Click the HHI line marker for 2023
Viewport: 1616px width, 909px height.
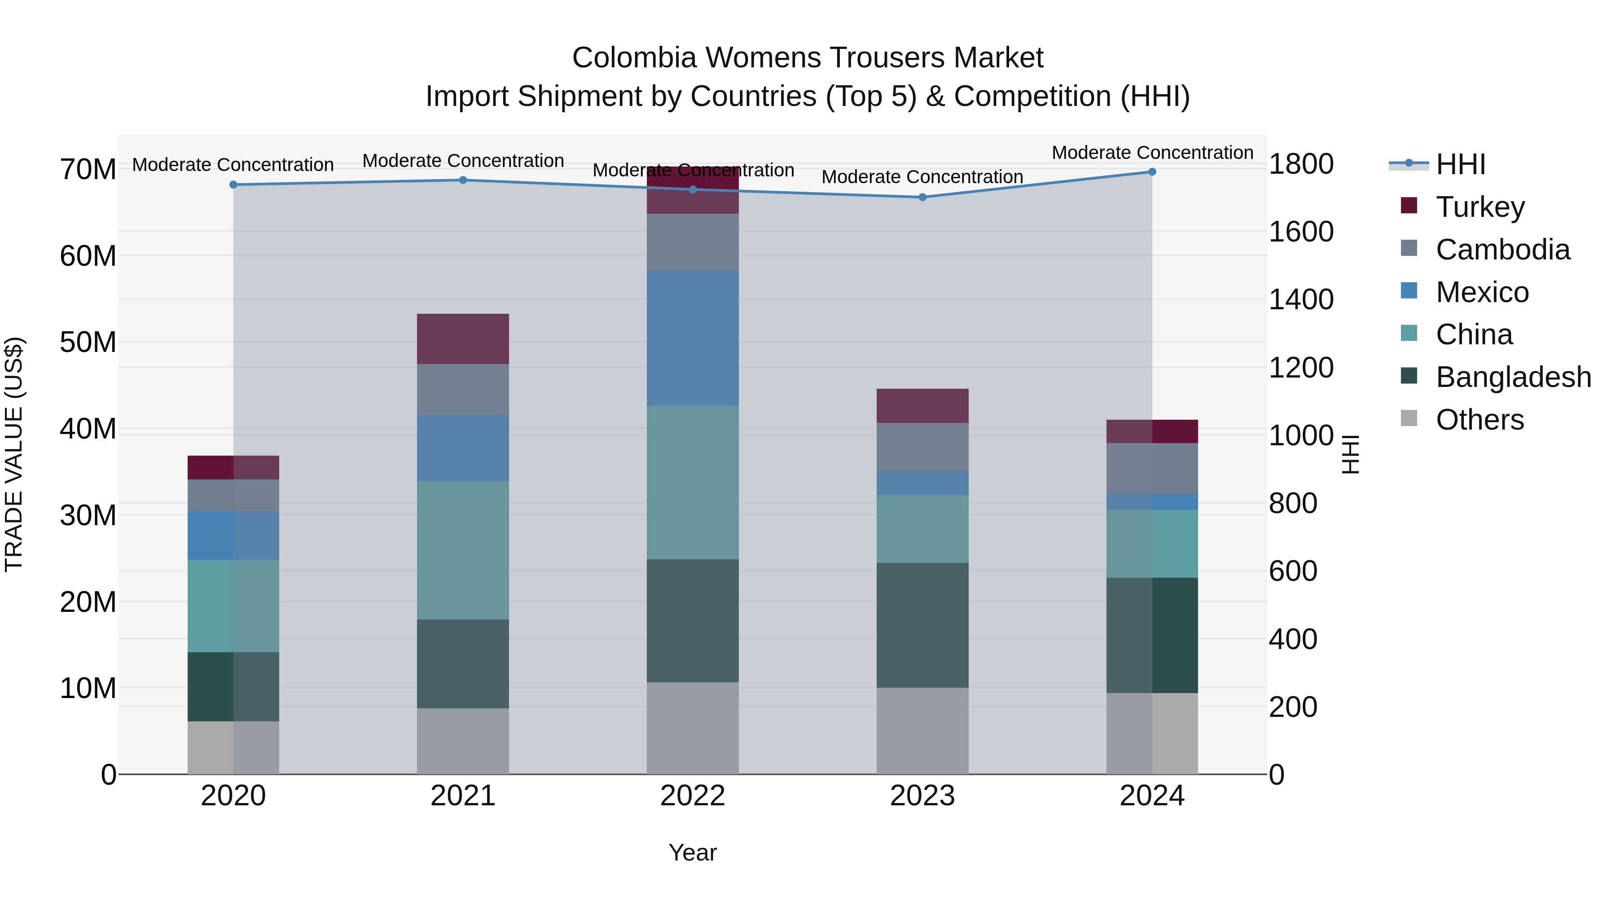(x=922, y=197)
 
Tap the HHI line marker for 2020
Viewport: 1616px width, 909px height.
(x=233, y=184)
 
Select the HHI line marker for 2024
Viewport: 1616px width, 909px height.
(x=1152, y=171)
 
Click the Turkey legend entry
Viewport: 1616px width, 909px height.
(x=1479, y=206)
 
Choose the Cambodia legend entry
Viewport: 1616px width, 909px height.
(x=1502, y=249)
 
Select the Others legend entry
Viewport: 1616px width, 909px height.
(x=1479, y=420)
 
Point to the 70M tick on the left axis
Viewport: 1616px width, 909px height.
(x=88, y=169)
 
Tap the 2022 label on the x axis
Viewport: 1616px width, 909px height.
(x=693, y=796)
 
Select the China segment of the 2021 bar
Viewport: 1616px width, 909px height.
(x=463, y=550)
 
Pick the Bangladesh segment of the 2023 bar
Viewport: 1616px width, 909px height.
(x=922, y=625)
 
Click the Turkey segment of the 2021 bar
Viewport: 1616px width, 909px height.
(x=463, y=339)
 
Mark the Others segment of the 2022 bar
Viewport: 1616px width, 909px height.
(x=693, y=728)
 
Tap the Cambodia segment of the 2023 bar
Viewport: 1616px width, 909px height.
(x=922, y=447)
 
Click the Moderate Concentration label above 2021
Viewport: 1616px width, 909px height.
(x=463, y=161)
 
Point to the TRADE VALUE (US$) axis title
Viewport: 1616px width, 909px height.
(x=14, y=454)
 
